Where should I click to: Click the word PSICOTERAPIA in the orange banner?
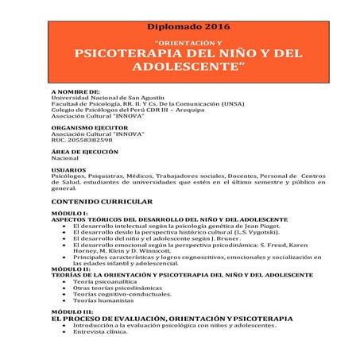point(134,53)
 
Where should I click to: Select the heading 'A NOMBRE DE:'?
point(75,91)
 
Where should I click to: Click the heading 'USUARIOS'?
point(69,170)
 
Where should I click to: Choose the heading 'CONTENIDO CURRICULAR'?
point(99,203)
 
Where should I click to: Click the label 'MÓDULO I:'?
point(69,214)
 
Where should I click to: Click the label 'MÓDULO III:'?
point(72,312)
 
